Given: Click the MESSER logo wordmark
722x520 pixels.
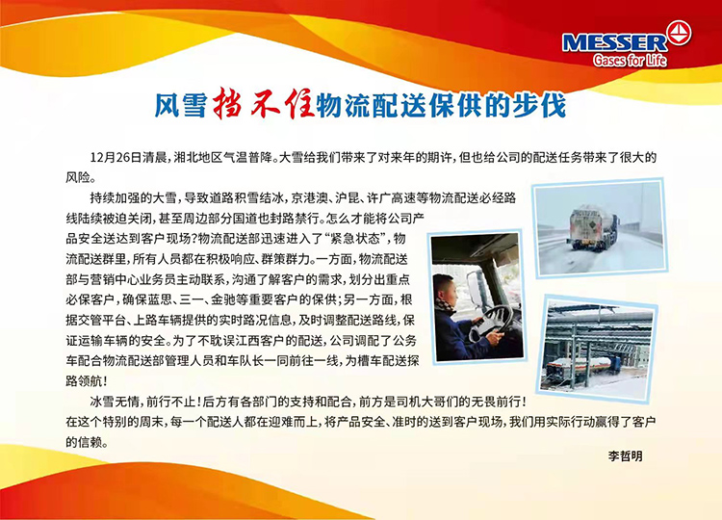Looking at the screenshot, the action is coord(614,42).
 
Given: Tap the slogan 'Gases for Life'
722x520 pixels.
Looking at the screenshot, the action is coord(630,60).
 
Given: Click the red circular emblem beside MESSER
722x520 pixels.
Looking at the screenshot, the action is coord(679,33).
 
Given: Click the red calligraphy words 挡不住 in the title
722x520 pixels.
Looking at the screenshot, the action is coord(264,103).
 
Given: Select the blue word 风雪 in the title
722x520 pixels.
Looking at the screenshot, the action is coord(180,105).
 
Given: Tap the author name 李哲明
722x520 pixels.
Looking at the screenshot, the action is coord(625,456).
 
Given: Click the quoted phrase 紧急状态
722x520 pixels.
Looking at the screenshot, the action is coord(354,239).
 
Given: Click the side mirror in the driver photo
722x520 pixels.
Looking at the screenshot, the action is coord(475,290).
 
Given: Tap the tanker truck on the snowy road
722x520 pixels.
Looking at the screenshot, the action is coord(593,228).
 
